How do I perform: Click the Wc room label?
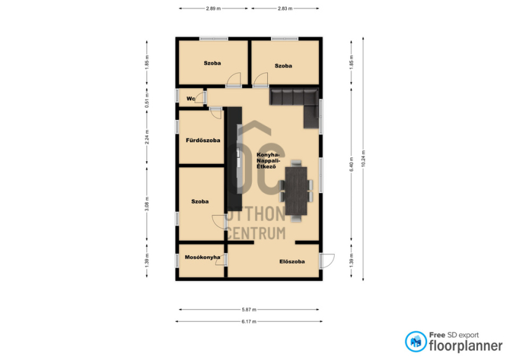(191, 99)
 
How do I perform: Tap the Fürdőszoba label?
(203, 140)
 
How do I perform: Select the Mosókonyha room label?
(202, 257)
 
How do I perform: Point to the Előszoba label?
(292, 261)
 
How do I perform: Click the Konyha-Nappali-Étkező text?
(268, 161)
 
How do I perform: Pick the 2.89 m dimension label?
(214, 8)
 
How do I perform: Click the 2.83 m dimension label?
(285, 8)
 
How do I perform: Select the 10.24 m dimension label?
(363, 159)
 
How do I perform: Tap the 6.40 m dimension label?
(351, 165)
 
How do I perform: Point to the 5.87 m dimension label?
(249, 310)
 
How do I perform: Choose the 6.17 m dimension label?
(249, 322)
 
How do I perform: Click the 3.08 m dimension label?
(147, 204)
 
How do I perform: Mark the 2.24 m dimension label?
(147, 137)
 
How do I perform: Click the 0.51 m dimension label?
(147, 101)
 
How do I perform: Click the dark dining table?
(296, 191)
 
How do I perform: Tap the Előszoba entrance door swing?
(328, 261)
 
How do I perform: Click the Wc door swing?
(201, 97)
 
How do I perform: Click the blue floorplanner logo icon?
(416, 342)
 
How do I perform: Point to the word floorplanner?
(466, 346)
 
